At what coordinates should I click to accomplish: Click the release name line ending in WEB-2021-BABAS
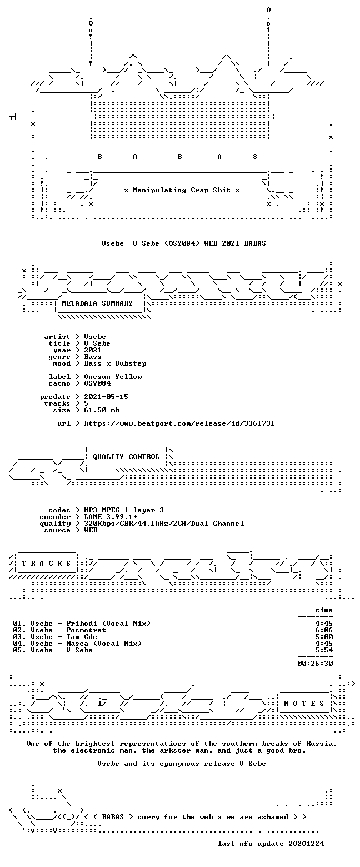(184, 243)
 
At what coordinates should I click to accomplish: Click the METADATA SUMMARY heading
(97, 303)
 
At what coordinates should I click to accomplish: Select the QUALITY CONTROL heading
(126, 457)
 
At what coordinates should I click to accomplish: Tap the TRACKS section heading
(47, 563)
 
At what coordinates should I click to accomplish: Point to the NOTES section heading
(304, 703)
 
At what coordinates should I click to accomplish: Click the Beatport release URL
(179, 423)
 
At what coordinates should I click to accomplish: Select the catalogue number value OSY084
(98, 383)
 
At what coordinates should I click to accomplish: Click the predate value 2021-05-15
(106, 397)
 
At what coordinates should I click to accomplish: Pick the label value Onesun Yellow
(113, 377)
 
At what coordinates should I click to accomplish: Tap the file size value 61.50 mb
(102, 410)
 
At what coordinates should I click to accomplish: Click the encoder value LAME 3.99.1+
(111, 517)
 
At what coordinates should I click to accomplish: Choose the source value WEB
(91, 530)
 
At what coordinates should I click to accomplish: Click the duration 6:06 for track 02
(324, 630)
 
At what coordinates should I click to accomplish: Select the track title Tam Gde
(82, 637)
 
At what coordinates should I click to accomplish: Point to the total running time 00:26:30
(315, 664)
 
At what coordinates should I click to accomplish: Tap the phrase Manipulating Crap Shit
(182, 190)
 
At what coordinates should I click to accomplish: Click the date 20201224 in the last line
(306, 844)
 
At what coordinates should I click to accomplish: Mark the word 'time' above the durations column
(324, 610)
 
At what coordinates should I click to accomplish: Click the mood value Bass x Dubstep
(116, 363)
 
